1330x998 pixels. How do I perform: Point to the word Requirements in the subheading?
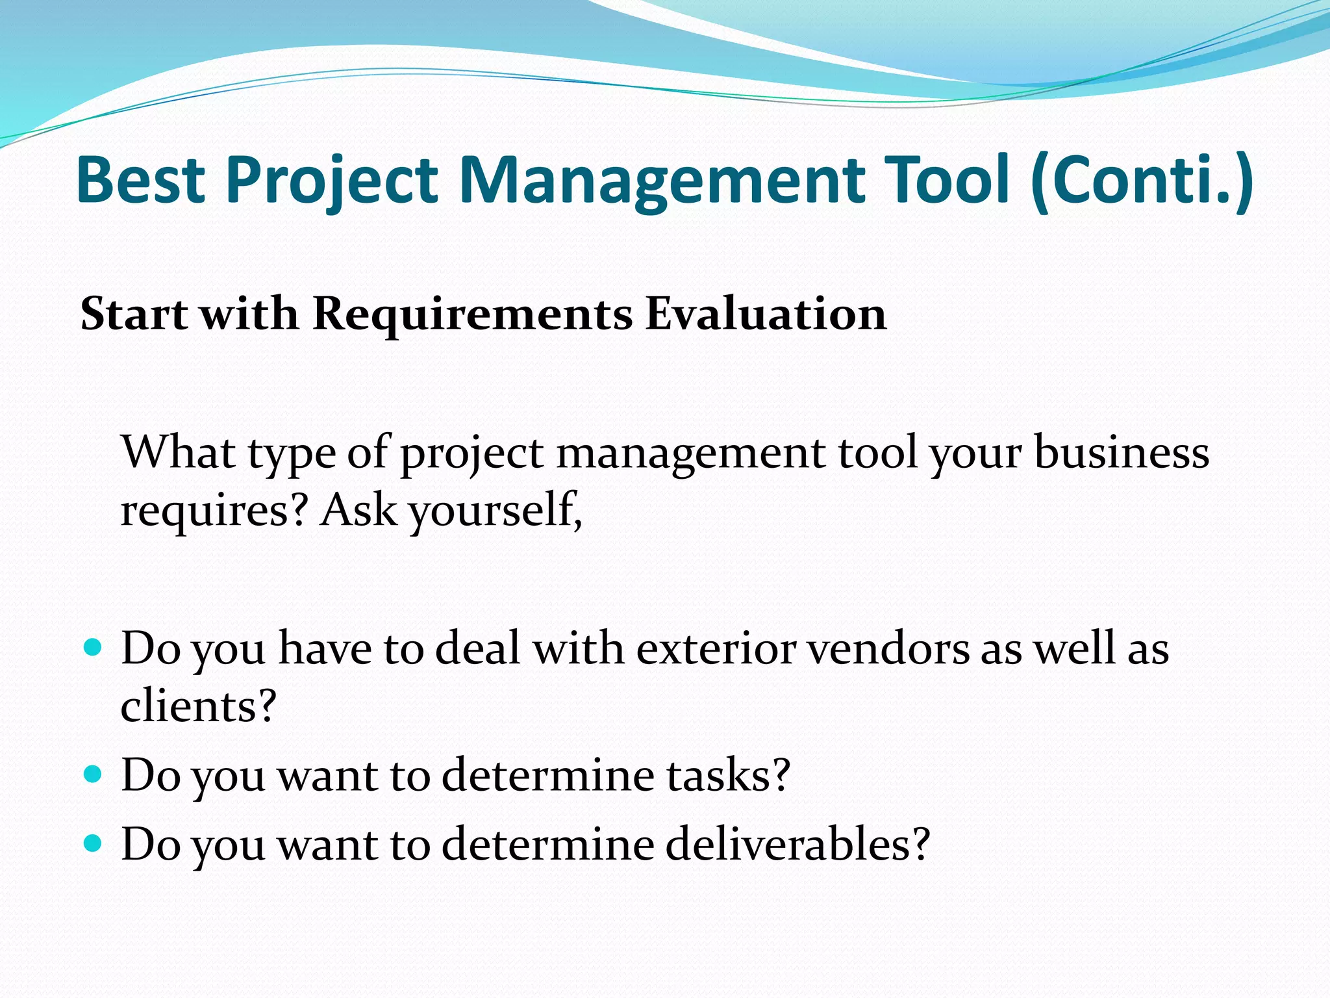[x=472, y=314]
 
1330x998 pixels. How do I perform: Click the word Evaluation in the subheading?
[x=766, y=314]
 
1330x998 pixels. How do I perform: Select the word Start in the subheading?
[x=134, y=314]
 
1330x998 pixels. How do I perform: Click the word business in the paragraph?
[x=1122, y=452]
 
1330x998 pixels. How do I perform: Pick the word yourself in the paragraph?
[x=496, y=511]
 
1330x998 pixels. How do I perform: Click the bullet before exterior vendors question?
[x=94, y=648]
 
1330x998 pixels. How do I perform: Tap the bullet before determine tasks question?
[x=94, y=774]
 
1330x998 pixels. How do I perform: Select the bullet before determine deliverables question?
[x=94, y=843]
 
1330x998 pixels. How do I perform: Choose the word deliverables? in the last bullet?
[x=798, y=844]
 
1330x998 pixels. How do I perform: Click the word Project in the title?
[x=332, y=179]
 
